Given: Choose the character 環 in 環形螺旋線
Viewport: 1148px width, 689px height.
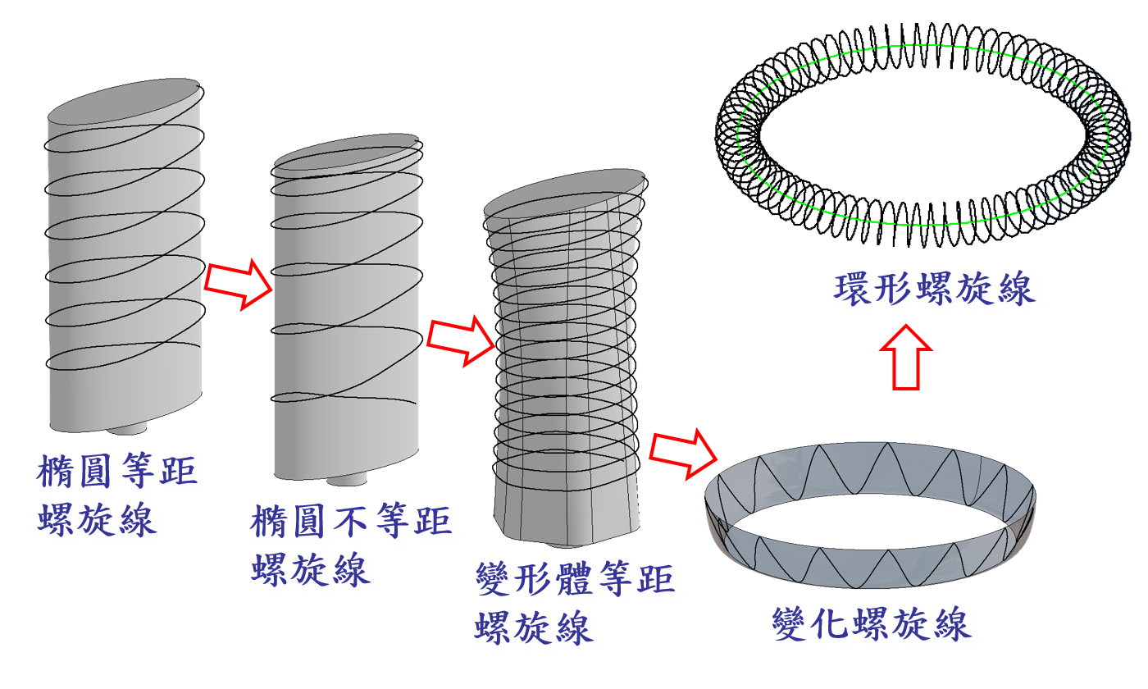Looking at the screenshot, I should coord(853,289).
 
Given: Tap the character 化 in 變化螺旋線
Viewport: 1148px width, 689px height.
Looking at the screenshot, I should coord(831,623).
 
